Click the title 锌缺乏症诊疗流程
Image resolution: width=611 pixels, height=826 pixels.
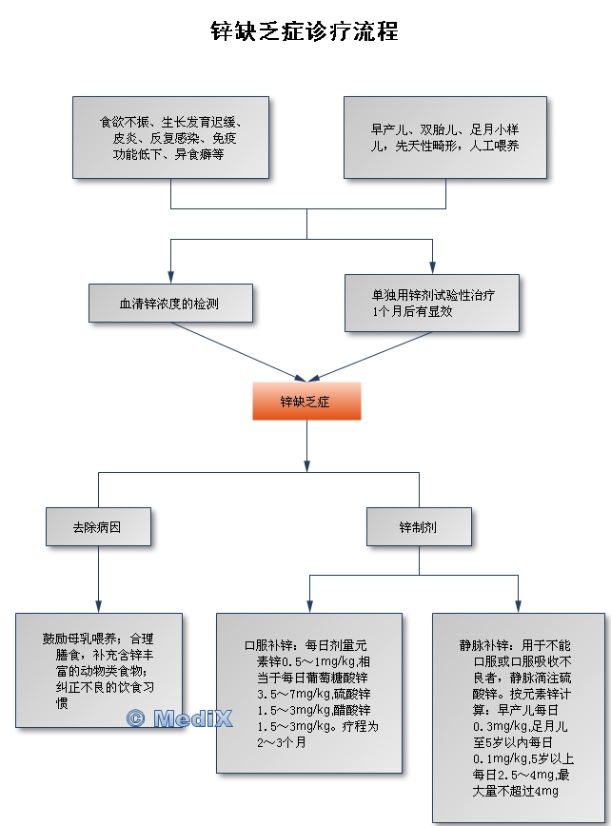[x=305, y=31]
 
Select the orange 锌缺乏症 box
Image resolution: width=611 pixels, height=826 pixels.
[x=305, y=401]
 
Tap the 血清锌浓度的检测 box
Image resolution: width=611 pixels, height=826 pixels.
[x=170, y=304]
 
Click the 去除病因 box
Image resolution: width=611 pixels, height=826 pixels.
[x=97, y=525]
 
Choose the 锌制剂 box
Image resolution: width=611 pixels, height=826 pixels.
[x=418, y=525]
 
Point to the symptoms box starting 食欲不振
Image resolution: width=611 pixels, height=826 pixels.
[x=170, y=137]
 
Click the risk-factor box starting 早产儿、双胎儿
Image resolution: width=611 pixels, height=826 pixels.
[x=444, y=137]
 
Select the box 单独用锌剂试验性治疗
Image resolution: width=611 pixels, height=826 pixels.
[x=432, y=303]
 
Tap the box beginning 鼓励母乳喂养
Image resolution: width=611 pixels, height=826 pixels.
[x=98, y=670]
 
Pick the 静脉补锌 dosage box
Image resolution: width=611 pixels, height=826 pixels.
[x=518, y=717]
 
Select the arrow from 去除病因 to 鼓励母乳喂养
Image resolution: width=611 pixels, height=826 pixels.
[x=98, y=578]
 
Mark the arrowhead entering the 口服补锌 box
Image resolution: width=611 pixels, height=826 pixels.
[x=307, y=607]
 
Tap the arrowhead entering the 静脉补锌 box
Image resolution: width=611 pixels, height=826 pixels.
[x=518, y=607]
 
